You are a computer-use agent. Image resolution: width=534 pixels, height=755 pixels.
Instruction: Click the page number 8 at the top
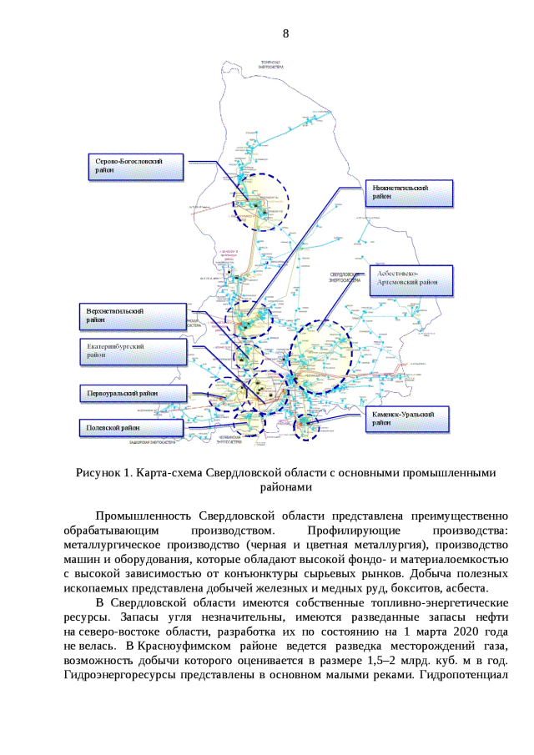tap(286, 34)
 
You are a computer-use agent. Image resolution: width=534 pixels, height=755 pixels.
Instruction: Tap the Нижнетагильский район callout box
tap(412, 193)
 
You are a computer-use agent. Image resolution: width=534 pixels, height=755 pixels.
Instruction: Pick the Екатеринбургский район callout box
tap(134, 351)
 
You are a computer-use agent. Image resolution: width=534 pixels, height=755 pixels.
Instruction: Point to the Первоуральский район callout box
tap(130, 393)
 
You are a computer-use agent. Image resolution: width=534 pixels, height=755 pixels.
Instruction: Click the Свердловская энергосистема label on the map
tap(345, 277)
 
